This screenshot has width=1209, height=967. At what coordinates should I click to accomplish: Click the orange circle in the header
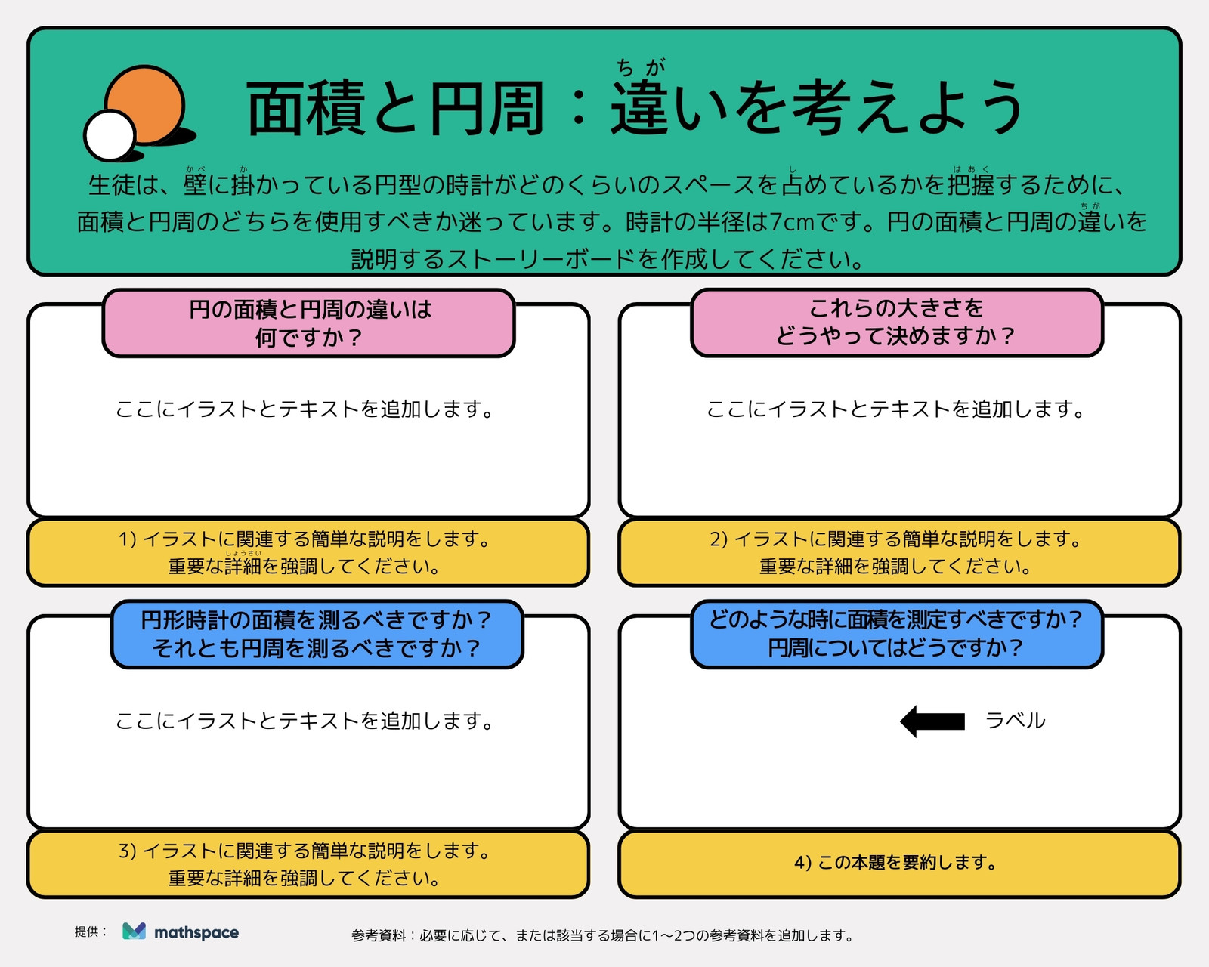[x=145, y=104]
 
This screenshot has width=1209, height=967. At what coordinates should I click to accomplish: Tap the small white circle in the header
[x=110, y=135]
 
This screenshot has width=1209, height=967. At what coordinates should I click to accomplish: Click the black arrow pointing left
[x=932, y=721]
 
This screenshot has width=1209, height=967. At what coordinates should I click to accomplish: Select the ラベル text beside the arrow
[x=1015, y=720]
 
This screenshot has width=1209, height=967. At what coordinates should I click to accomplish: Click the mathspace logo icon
[x=135, y=931]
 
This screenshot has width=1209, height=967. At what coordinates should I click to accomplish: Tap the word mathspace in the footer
[x=196, y=933]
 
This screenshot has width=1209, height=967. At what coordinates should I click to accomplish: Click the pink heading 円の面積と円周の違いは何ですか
[x=308, y=323]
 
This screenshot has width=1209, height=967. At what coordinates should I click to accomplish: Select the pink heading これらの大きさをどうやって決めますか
[x=897, y=323]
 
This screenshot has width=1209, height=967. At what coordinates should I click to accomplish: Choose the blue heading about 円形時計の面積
[x=317, y=634]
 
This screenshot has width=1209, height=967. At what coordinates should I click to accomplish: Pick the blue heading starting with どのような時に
[x=897, y=634]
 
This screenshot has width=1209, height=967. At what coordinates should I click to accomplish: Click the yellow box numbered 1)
[x=308, y=552]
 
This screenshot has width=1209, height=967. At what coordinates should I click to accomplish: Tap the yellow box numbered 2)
[x=899, y=552]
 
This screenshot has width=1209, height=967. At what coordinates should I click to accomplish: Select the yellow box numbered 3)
[x=308, y=864]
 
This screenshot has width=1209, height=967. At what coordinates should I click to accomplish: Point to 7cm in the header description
[x=792, y=223]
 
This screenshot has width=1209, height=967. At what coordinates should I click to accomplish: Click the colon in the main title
[x=579, y=109]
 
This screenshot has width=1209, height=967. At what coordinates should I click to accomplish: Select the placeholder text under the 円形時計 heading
[x=305, y=721]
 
